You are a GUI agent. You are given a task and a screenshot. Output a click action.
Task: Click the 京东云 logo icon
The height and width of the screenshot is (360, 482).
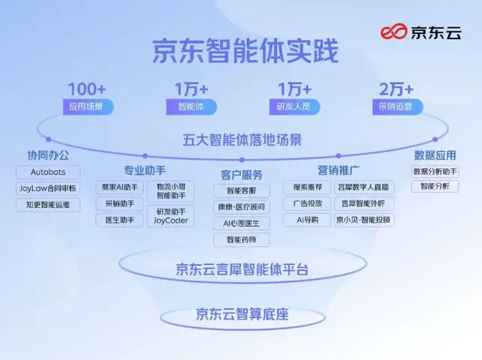(x=392, y=32)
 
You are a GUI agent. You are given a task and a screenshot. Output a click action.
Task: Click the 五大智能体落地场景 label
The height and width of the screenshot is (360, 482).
(x=242, y=140)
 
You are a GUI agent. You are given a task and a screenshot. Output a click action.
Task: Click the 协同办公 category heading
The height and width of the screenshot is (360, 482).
(x=47, y=155)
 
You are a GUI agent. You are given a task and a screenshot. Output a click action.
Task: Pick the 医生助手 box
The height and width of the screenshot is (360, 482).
(x=119, y=221)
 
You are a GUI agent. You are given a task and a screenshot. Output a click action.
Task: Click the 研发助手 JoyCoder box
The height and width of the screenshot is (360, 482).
(x=169, y=216)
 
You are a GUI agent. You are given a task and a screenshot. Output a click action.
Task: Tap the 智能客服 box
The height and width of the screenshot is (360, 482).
(x=241, y=191)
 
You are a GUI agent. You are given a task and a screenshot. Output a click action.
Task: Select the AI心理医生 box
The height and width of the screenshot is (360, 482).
(x=241, y=224)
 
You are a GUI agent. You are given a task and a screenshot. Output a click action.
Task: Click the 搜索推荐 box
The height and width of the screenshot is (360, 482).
(x=307, y=187)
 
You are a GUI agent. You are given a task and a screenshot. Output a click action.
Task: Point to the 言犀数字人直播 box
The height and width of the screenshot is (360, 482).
(x=364, y=187)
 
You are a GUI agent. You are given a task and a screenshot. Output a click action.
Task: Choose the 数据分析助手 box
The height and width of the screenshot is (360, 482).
(x=435, y=171)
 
